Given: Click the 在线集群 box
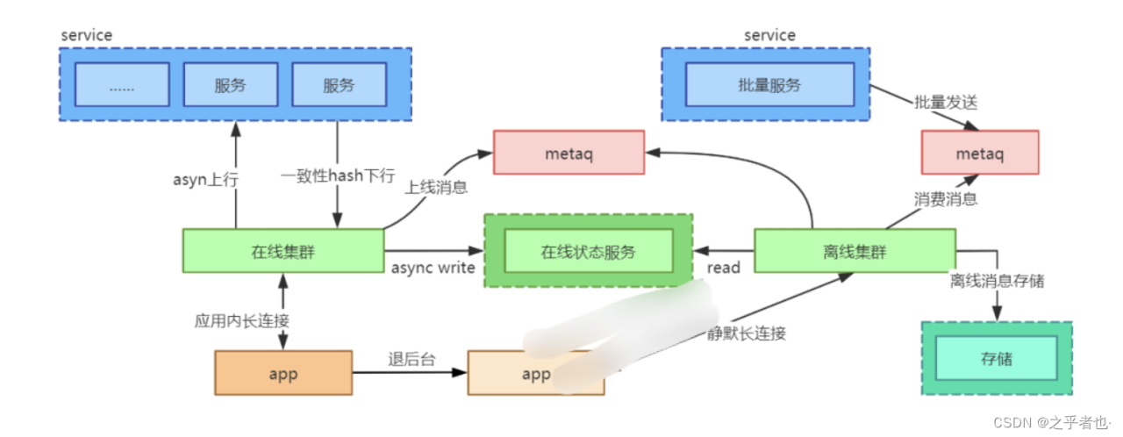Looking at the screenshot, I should point(283,252).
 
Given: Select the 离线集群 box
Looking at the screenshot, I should point(855,252).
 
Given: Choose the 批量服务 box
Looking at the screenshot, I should point(769,85).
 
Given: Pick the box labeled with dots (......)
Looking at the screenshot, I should point(121,85).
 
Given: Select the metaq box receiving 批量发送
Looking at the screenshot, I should point(979,153).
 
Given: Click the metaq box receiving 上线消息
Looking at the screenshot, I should point(568,154).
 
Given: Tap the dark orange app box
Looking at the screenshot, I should point(283,373).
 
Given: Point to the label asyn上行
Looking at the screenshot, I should point(204,180).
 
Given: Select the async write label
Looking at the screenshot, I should point(433,267).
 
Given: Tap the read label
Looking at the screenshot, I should point(724,267).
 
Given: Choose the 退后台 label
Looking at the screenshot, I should point(409,360).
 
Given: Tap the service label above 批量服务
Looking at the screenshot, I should point(769,35).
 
